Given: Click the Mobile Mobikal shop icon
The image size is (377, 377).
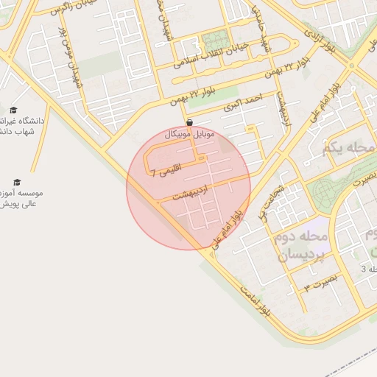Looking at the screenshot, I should tap(190, 123).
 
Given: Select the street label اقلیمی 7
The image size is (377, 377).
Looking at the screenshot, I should tap(163, 173).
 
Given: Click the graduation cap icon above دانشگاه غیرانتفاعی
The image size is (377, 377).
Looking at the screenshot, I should tap(13, 109).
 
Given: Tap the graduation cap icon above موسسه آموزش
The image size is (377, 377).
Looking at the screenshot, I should tap(17, 182).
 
